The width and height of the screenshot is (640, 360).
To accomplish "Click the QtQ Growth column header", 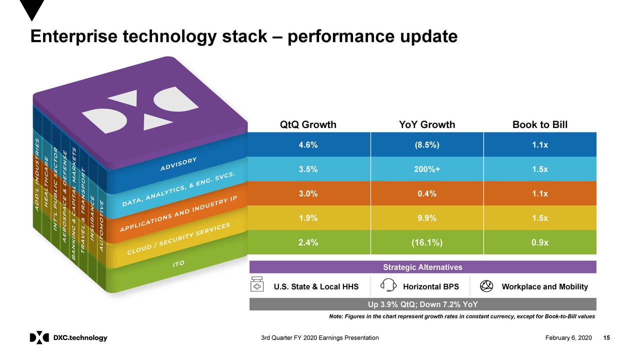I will click(308, 124).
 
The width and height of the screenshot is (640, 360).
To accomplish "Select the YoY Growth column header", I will click(427, 124).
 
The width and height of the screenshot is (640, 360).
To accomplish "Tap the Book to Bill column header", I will click(540, 124).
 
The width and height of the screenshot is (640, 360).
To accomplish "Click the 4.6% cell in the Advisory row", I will click(308, 144).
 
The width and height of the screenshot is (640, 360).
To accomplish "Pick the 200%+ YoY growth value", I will click(427, 169).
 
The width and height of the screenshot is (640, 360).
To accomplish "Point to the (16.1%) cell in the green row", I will click(427, 242).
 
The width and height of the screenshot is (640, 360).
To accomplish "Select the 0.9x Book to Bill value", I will click(540, 242).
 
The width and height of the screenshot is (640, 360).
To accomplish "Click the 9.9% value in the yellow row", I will click(427, 218).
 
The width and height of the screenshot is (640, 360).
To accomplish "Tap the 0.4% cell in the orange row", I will click(427, 193).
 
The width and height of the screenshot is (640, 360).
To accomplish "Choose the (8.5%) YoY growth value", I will click(427, 144).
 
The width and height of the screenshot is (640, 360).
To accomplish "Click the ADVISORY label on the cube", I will click(178, 164).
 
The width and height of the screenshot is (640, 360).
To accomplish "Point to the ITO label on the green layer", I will click(178, 263).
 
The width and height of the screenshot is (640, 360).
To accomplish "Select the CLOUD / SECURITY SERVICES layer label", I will click(178, 238).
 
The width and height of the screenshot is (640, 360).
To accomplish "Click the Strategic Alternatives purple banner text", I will click(422, 267).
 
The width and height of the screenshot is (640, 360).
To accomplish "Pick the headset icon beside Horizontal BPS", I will click(388, 285).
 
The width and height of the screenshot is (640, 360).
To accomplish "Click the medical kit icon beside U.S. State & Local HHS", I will click(257, 285).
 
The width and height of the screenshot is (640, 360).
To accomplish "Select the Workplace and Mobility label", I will click(544, 286).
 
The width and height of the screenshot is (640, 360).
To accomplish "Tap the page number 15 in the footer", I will click(607, 338).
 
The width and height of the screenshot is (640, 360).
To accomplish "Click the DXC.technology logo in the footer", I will click(68, 338).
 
